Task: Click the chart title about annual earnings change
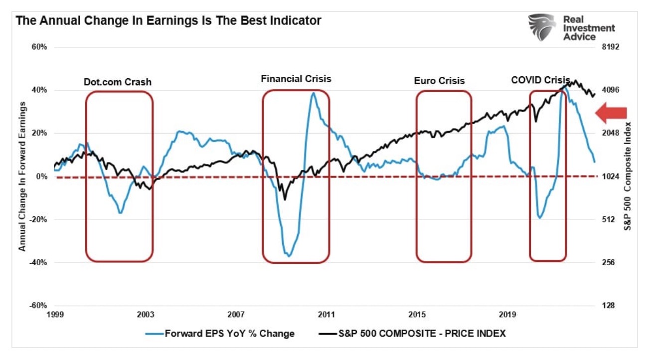pyautogui.click(x=168, y=21)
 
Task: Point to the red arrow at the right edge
pyautogui.click(x=611, y=113)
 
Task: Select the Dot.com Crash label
pyautogui.click(x=118, y=82)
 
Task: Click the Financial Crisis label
pyautogui.click(x=296, y=79)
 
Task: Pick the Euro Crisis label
pyautogui.click(x=439, y=80)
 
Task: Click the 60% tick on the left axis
pyautogui.click(x=40, y=47)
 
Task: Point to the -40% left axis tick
pyautogui.click(x=39, y=263)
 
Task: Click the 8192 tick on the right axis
pyautogui.click(x=610, y=47)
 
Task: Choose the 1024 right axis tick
pyautogui.click(x=610, y=177)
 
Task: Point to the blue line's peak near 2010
pyautogui.click(x=313, y=93)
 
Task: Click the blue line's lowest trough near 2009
pyautogui.click(x=289, y=256)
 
